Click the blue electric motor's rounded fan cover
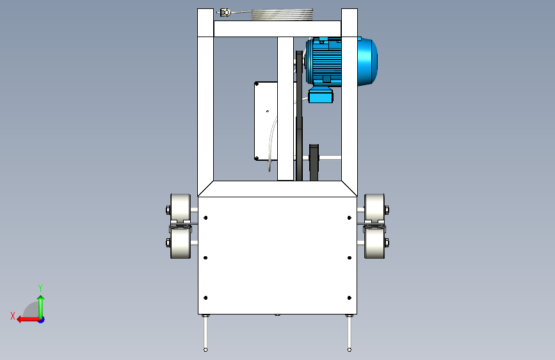coord(367,61)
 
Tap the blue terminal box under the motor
coord(321,95)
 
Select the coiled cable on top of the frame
coord(282,15)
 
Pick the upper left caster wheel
coord(181,209)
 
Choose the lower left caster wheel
coord(181,243)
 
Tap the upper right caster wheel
coord(374,209)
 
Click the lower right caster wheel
coord(374,243)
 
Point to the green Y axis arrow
coord(41,307)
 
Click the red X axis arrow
coord(28,320)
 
